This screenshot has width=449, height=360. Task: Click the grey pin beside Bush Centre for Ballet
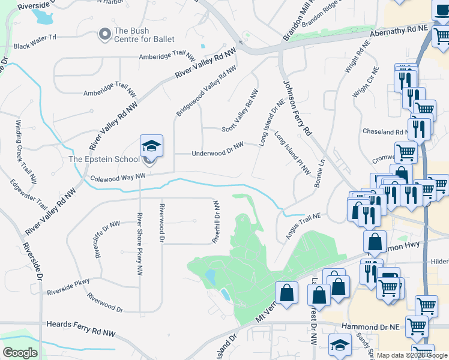point(105,34)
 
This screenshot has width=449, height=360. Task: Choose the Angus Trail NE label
point(304,227)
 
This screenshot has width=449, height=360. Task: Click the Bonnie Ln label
point(319,173)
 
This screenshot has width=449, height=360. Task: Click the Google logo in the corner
point(20,353)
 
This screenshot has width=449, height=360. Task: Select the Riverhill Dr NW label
point(216,221)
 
